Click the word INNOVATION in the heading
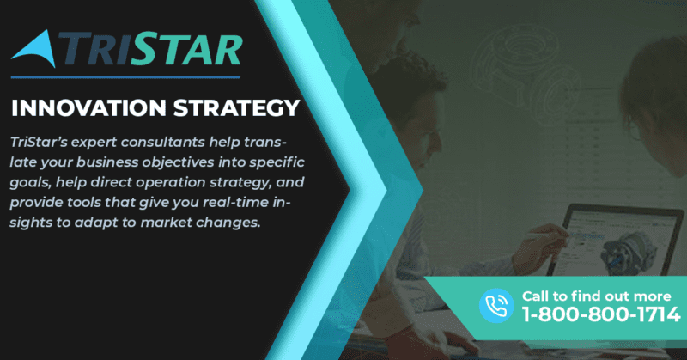click(88, 108)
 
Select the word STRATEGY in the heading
click(237, 108)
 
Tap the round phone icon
click(496, 305)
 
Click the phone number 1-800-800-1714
click(601, 314)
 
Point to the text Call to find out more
click(596, 296)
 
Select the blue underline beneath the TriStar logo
click(125, 77)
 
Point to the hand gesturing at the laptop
click(541, 246)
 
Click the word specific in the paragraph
click(277, 162)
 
